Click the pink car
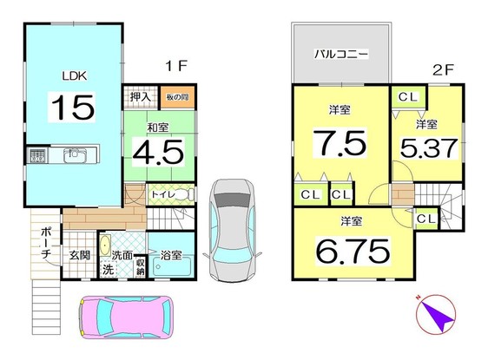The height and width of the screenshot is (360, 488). coord(126,317)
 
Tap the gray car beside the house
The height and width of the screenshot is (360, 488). coord(232,231)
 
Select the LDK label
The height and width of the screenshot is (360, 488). coord(75,75)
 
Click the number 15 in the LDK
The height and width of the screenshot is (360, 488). coord(73,108)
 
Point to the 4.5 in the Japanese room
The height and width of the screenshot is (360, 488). coord(158,152)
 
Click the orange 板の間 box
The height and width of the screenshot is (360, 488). coord(177,97)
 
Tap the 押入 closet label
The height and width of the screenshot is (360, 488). coord(141,97)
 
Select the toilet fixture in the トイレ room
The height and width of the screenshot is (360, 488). coord(186,195)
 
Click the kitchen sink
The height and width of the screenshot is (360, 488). coord(75,155)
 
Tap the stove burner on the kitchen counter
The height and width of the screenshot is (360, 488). coord(37,155)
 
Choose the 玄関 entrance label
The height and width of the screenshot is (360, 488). coord(80,256)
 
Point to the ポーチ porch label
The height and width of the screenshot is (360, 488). coord(46,244)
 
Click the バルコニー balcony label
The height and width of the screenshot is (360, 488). coord(341,55)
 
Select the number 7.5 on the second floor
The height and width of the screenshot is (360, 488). coord(340,142)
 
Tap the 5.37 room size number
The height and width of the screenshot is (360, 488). coord(429,148)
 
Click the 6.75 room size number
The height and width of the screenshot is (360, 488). coord(353,251)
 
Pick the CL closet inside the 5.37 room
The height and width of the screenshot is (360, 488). coord(408,97)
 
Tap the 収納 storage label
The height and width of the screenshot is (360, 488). coord(141,266)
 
